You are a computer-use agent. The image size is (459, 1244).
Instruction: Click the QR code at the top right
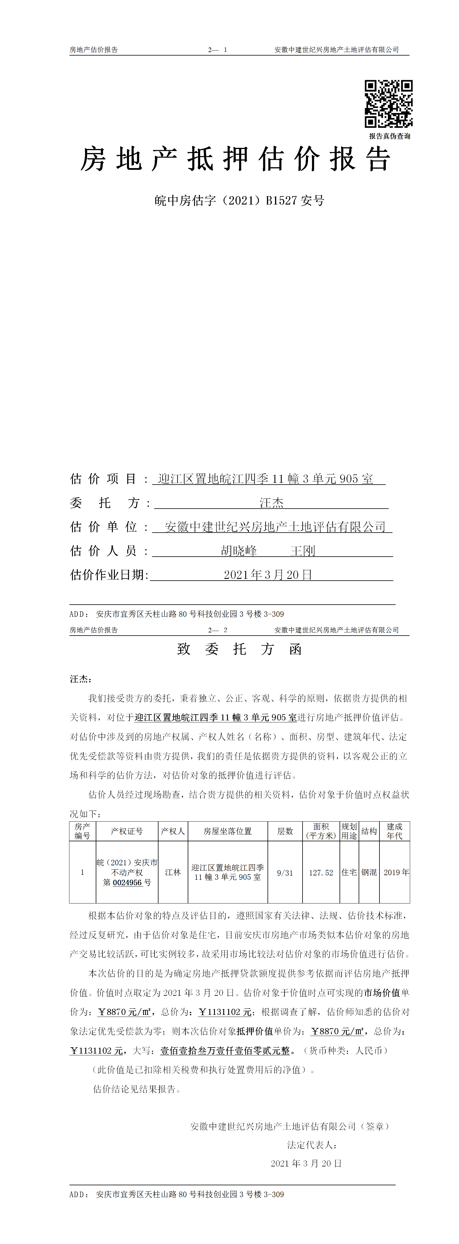[x=388, y=104]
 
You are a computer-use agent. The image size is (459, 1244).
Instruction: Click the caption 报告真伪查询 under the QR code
[x=390, y=136]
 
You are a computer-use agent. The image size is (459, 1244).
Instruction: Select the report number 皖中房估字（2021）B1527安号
[x=239, y=200]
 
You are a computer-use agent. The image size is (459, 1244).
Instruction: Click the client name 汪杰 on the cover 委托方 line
[x=271, y=503]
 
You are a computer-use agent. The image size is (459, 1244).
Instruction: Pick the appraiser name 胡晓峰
[x=239, y=551]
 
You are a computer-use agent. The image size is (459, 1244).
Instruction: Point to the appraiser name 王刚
[x=303, y=551]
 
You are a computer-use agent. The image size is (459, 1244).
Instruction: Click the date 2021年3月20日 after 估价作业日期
[x=268, y=575]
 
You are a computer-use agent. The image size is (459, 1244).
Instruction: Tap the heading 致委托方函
[x=239, y=649]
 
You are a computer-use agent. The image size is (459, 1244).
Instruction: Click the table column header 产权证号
[x=127, y=831]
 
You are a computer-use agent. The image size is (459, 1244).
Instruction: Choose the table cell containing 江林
[x=173, y=872]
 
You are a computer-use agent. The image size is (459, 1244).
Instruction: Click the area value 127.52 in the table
[x=321, y=873]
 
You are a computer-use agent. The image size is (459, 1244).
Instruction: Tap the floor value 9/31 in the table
[x=285, y=873]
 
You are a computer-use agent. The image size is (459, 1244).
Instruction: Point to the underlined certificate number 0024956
[x=128, y=882]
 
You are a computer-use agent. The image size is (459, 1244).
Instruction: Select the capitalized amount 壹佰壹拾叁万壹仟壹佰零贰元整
[x=225, y=1050]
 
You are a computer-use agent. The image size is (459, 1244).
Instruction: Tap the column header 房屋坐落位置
[x=227, y=831]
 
